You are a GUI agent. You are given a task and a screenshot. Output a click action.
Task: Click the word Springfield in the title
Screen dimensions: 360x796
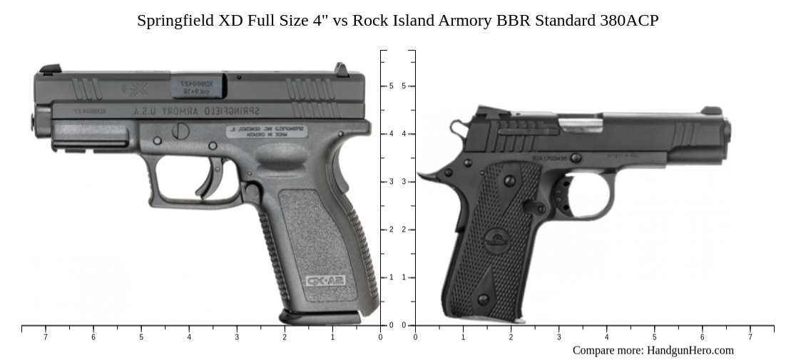[x=175, y=20]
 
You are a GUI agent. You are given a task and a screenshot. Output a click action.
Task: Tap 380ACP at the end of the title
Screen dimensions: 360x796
[x=628, y=20]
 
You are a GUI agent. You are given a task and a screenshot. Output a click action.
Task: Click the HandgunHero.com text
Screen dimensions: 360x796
[x=689, y=350]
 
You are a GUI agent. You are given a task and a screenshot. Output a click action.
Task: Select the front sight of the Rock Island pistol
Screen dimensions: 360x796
[x=710, y=111]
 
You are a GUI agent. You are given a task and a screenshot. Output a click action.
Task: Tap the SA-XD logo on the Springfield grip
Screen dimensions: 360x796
[x=325, y=280]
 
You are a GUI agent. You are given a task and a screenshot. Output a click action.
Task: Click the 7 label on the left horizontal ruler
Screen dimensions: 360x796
[x=46, y=336]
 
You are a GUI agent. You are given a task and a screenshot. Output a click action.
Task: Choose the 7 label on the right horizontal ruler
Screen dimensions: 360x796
[x=750, y=336]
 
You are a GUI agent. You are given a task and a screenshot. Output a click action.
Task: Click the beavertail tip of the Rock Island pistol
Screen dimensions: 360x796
[x=422, y=175]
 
